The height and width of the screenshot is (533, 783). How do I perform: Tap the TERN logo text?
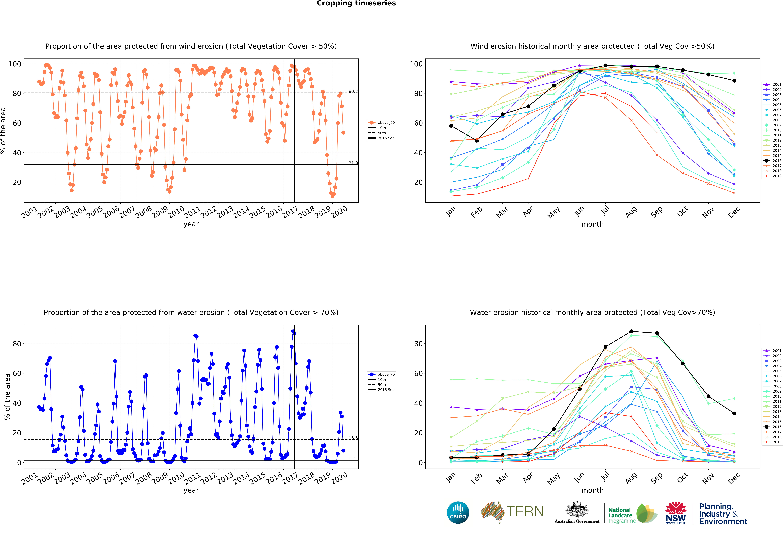pyautogui.click(x=525, y=512)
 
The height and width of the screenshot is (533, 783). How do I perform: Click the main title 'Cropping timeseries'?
pyautogui.click(x=356, y=3)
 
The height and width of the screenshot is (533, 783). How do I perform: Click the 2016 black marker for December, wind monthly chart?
pyautogui.click(x=734, y=81)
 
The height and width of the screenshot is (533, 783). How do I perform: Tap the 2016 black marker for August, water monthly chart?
pyautogui.click(x=631, y=331)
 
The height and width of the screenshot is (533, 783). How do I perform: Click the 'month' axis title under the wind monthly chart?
pyautogui.click(x=592, y=224)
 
